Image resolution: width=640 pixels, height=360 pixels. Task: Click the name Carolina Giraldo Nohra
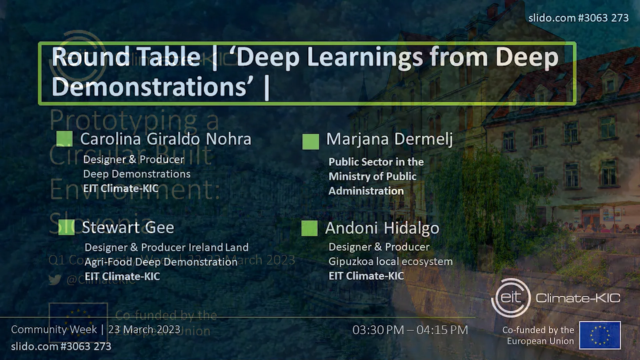165,139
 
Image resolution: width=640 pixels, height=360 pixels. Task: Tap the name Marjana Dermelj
389,139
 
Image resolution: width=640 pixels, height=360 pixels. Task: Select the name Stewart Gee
128,228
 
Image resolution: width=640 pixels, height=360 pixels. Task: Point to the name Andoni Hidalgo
382,228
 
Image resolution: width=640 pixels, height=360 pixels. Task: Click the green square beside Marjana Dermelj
310,142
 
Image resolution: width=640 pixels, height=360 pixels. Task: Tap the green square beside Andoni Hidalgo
309,228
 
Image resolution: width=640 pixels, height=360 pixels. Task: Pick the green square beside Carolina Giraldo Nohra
64,139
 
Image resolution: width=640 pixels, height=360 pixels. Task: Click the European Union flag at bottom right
600,335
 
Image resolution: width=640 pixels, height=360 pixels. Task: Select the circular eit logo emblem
511,297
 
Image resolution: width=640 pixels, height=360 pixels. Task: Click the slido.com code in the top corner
578,18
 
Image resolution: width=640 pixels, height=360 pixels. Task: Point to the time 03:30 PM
378,330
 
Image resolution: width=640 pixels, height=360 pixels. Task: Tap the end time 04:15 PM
442,330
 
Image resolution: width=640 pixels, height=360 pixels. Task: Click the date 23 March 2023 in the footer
144,329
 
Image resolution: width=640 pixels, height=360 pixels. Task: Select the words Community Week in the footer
54,329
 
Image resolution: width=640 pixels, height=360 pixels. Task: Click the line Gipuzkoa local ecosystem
390,262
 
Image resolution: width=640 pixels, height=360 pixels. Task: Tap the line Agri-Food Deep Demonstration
161,262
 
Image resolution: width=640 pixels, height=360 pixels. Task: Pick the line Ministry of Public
372,176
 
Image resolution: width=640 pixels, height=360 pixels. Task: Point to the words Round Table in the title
126,57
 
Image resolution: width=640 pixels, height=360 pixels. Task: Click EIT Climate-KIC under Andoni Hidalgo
366,276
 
